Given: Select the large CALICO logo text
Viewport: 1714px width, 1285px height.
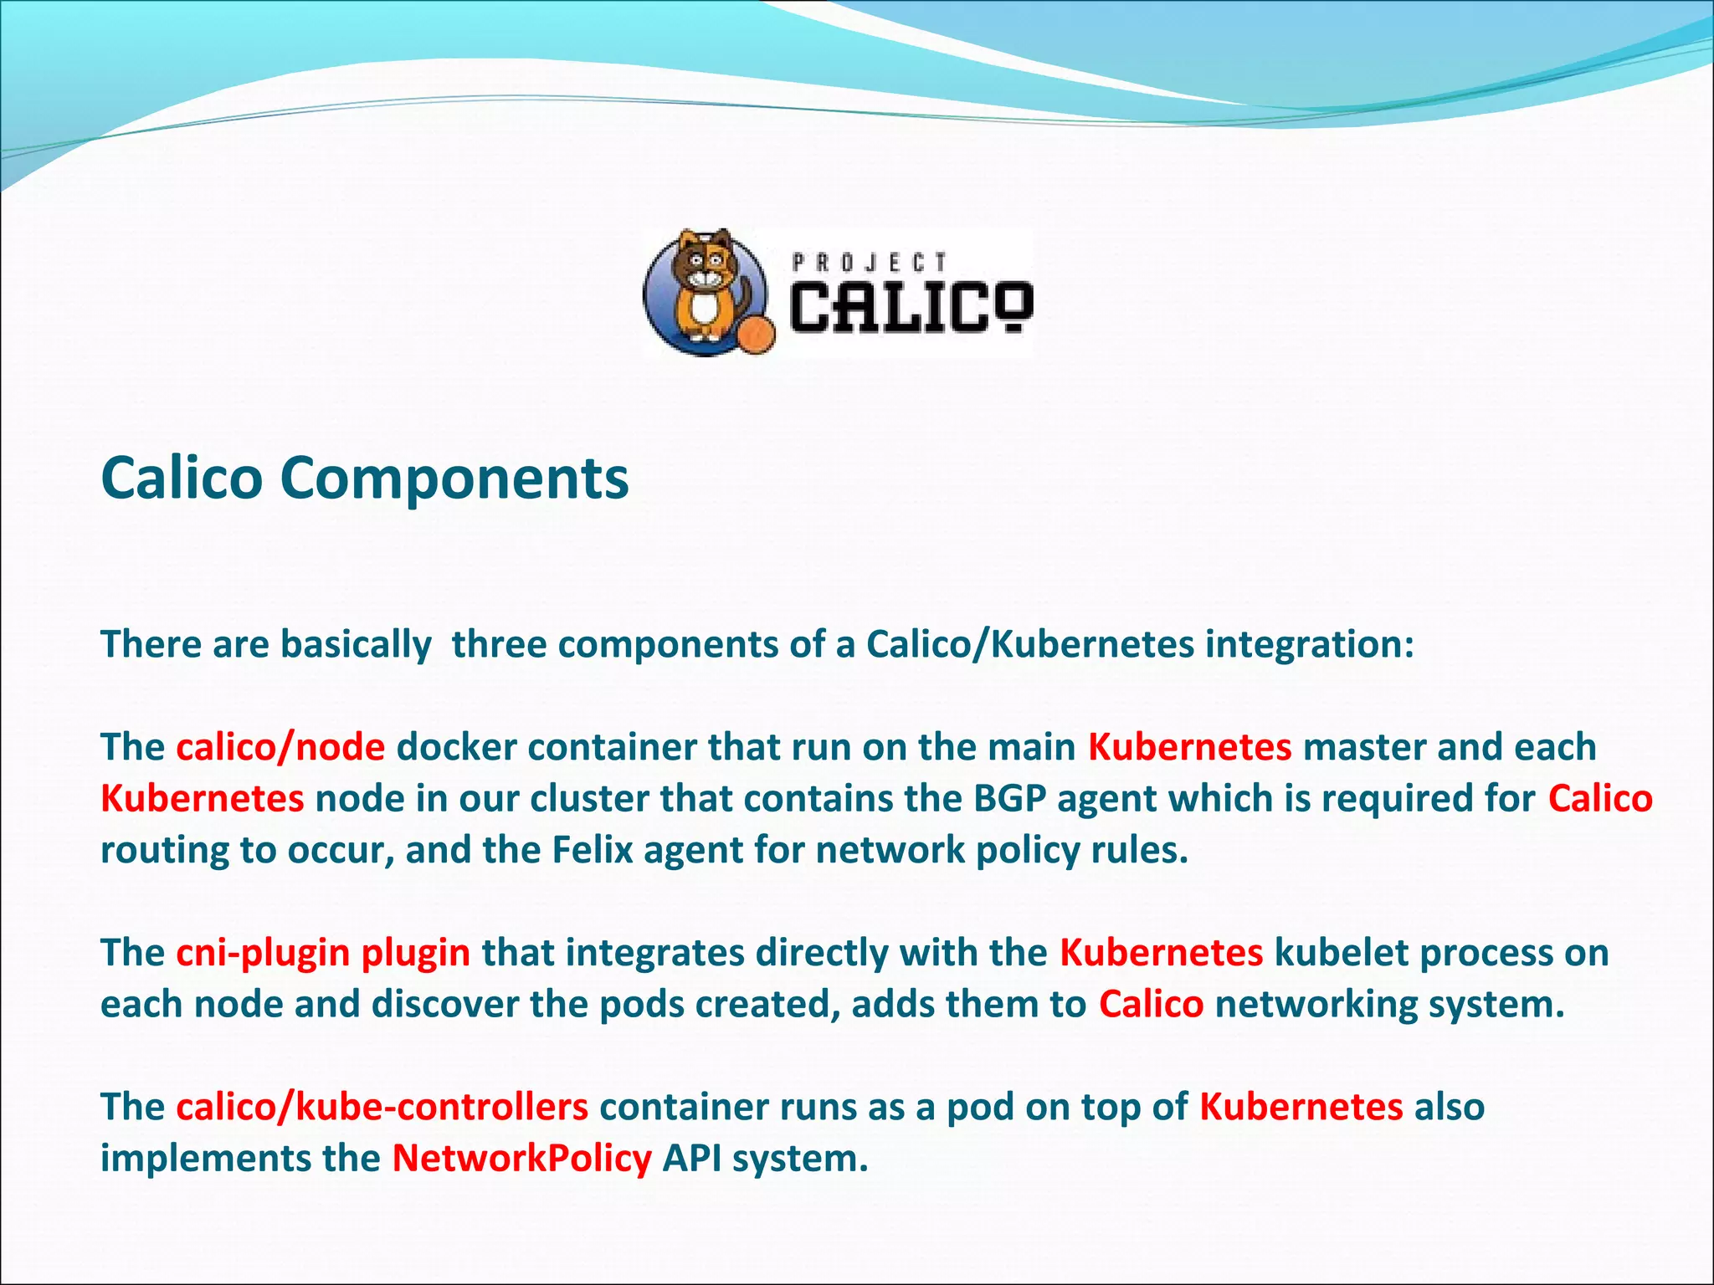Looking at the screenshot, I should (x=911, y=307).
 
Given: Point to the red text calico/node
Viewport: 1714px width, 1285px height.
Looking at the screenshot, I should (x=280, y=747).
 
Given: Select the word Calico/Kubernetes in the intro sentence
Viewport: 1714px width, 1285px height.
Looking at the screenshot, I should (x=1029, y=644).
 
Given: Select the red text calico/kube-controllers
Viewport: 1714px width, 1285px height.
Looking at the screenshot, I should (x=382, y=1107).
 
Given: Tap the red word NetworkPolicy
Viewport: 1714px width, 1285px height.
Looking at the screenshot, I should (x=521, y=1159).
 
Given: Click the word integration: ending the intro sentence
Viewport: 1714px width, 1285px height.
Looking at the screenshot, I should (x=1310, y=644).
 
